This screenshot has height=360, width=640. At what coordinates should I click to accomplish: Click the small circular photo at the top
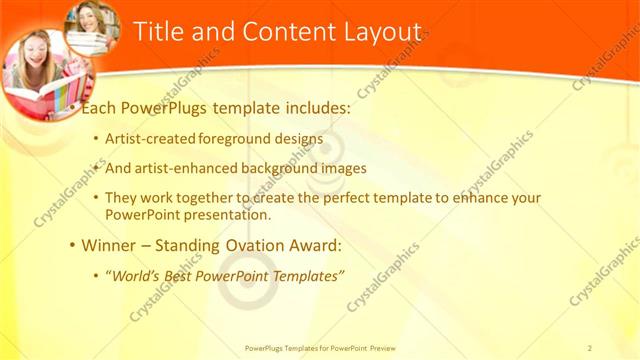coord(92,27)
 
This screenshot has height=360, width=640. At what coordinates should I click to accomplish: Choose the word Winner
coord(106,244)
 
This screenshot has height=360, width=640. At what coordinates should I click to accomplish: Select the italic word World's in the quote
coord(138,273)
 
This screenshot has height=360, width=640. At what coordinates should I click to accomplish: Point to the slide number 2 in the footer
coord(590,349)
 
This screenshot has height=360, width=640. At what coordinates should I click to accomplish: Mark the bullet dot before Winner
coord(71,245)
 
